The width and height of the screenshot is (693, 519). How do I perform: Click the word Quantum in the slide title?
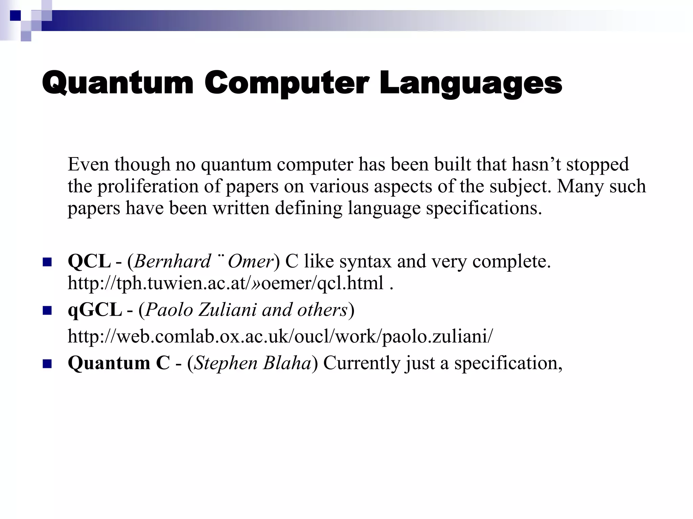tap(117, 83)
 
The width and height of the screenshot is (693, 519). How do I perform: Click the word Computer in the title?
tap(286, 83)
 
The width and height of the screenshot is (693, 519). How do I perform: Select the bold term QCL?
tap(89, 261)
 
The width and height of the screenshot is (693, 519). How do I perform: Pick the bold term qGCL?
tap(95, 310)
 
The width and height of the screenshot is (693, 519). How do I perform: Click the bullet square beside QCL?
tap(47, 262)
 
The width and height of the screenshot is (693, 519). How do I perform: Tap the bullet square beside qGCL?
tap(47, 311)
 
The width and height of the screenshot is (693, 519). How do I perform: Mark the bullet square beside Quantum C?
tap(47, 364)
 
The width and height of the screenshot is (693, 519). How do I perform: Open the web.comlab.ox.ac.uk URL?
tap(280, 336)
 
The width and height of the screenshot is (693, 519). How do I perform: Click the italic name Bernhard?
tap(173, 261)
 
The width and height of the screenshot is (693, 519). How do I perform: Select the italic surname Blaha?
tap(287, 363)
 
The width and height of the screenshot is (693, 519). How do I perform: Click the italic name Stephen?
tap(226, 363)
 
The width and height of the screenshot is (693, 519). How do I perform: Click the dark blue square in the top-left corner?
tap(15, 16)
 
